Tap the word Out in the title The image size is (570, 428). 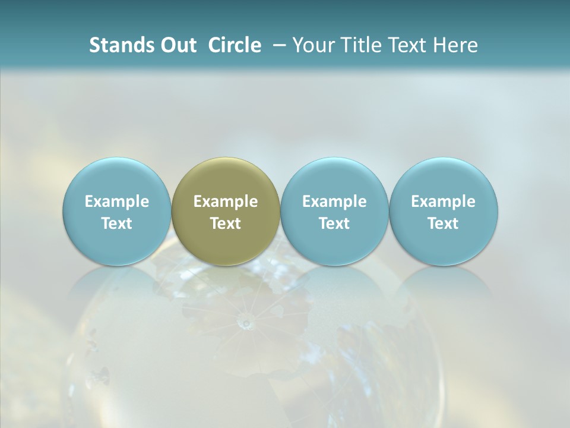click(177, 45)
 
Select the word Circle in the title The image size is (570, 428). click(235, 45)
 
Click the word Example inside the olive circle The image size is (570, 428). click(226, 202)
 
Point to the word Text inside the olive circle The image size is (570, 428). click(226, 224)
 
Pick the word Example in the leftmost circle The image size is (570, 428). click(117, 202)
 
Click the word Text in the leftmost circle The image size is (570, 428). click(117, 224)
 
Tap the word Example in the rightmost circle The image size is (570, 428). click(444, 202)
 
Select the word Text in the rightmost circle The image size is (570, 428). click(444, 224)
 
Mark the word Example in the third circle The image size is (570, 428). click(334, 202)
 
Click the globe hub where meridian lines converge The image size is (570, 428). click(245, 323)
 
